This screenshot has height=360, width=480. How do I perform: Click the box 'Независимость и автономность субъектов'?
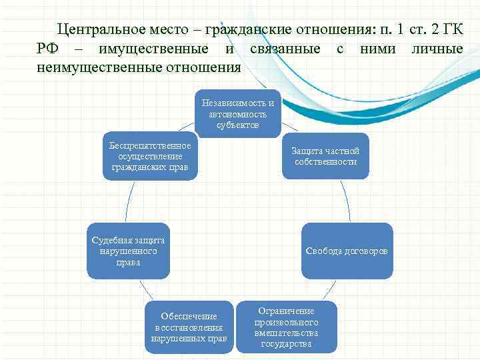click(238, 114)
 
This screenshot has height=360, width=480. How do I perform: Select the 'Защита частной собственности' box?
click(325, 157)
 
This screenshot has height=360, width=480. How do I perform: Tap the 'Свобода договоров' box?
click(347, 251)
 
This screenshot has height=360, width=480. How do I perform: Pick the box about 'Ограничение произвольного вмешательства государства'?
click(286, 327)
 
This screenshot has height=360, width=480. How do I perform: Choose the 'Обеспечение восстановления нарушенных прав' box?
click(189, 327)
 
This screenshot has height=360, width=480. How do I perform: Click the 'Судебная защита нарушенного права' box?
click(128, 251)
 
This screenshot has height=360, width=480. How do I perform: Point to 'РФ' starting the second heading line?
click(51, 49)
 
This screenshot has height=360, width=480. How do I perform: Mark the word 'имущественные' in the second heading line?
click(153, 49)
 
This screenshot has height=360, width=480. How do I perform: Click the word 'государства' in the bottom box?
click(286, 344)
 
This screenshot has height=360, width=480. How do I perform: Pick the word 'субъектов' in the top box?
click(238, 125)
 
